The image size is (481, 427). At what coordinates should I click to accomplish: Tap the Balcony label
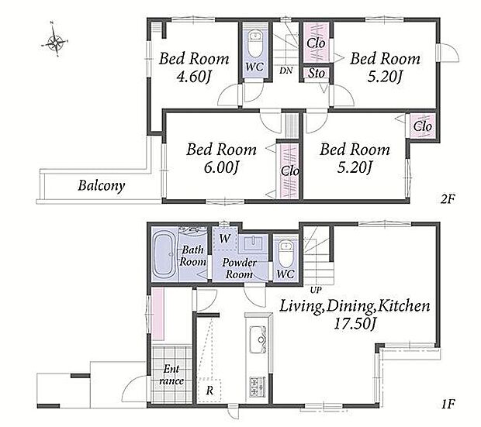click(102, 186)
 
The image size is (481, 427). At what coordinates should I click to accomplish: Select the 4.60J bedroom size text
click(195, 77)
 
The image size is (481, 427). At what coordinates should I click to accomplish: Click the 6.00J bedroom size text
click(221, 167)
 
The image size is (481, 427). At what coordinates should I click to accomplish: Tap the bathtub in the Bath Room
click(164, 254)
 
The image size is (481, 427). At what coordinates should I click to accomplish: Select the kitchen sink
click(258, 339)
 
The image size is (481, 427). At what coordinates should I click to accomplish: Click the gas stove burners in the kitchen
click(257, 387)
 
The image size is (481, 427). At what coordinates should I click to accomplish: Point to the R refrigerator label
click(209, 391)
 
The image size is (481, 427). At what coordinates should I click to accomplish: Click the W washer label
click(225, 238)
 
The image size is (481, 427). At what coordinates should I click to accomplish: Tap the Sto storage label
click(317, 74)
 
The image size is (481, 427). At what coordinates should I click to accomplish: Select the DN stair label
click(286, 71)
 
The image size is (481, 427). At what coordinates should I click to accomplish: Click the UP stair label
click(316, 290)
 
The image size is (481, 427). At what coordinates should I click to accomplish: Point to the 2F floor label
click(447, 199)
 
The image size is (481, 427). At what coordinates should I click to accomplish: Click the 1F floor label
click(448, 404)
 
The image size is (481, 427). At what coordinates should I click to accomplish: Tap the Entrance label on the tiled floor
click(171, 374)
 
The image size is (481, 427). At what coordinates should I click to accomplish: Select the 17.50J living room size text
click(355, 324)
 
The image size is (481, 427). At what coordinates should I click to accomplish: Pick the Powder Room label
click(239, 268)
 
